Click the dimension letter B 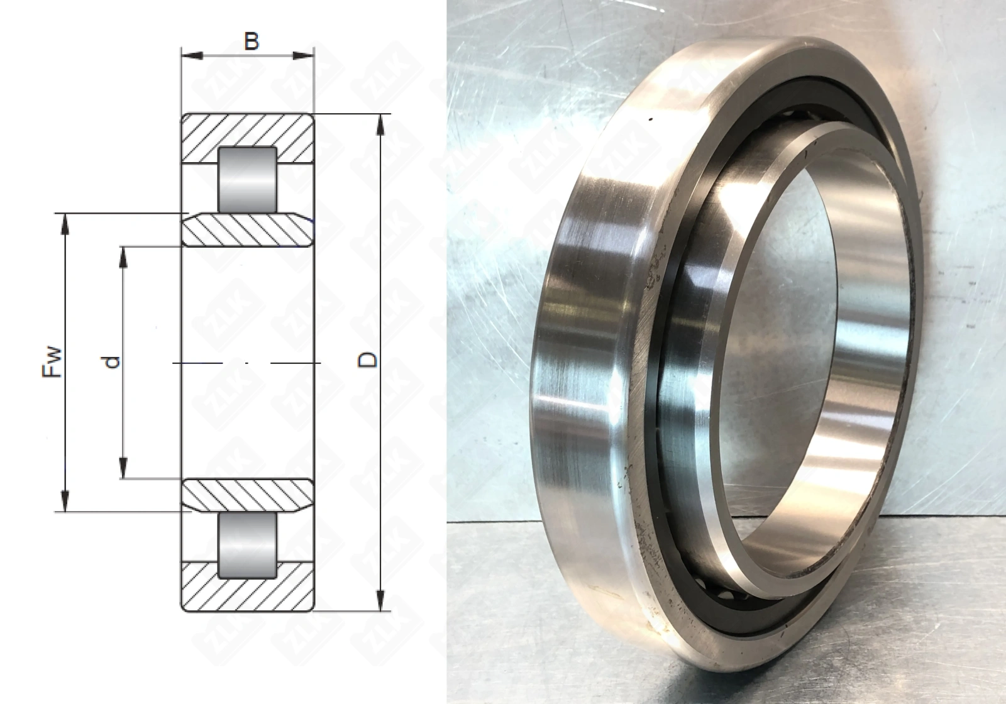[x=251, y=41]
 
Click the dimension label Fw [x=52, y=362]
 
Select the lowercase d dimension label [x=112, y=362]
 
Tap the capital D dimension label [x=367, y=360]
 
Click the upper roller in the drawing [x=247, y=180]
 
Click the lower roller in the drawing [x=247, y=545]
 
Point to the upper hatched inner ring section [x=247, y=230]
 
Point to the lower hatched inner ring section [x=247, y=495]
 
